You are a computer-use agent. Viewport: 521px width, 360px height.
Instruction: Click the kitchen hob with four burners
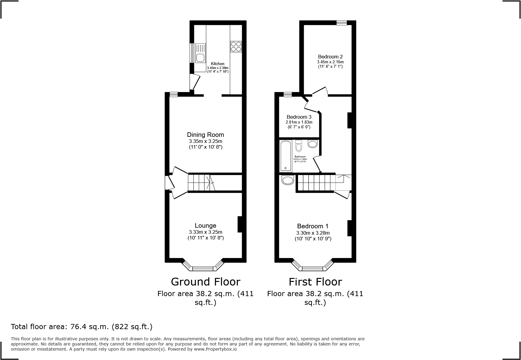tap(236, 46)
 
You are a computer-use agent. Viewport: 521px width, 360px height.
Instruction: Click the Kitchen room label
tap(218, 64)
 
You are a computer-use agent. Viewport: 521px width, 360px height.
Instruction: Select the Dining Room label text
tap(205, 135)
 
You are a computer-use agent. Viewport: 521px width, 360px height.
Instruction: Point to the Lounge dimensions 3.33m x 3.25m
tap(205, 232)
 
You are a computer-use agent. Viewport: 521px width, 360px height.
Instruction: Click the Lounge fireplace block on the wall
tap(240, 224)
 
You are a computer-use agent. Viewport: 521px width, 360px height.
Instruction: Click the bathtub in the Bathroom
tap(285, 156)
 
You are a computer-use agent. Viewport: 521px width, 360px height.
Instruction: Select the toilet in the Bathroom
tap(299, 146)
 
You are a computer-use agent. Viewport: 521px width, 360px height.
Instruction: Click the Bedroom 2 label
tap(330, 57)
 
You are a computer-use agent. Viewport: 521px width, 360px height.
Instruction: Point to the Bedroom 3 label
tap(299, 117)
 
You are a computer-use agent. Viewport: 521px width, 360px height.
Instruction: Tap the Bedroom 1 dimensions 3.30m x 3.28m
tap(313, 233)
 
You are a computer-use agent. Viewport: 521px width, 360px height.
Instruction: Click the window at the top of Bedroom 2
tap(342, 23)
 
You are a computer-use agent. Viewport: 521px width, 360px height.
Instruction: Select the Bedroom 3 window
tap(287, 95)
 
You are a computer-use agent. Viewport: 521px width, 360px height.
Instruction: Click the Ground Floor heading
tap(205, 282)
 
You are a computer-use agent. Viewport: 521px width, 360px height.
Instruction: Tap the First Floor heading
tap(315, 282)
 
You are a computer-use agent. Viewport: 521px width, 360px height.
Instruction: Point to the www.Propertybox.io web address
tap(215, 349)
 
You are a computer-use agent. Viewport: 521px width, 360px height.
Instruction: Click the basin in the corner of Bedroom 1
tap(287, 180)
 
